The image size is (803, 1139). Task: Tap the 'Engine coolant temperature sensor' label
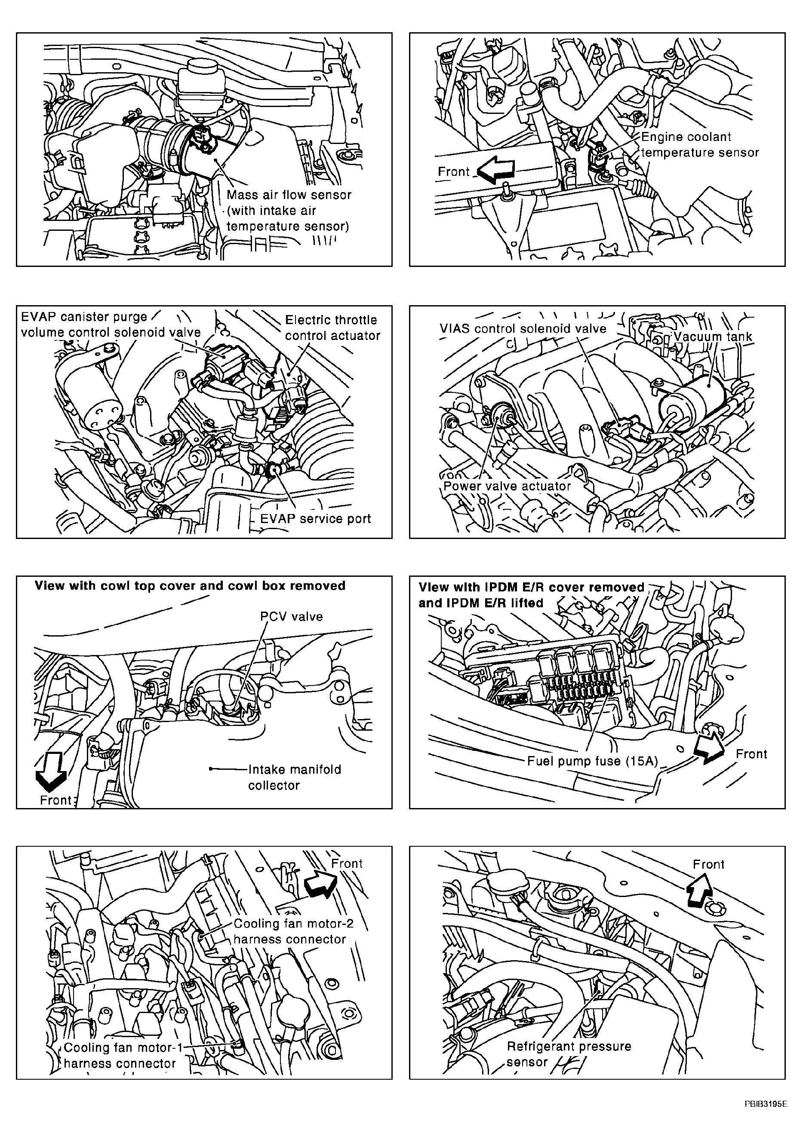pyautogui.click(x=699, y=145)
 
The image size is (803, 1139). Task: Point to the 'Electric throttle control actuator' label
pyautogui.click(x=332, y=328)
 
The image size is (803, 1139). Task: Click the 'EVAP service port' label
pyautogui.click(x=316, y=519)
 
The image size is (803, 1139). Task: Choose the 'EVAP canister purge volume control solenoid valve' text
pyautogui.click(x=110, y=325)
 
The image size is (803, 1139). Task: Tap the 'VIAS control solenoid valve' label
pyautogui.click(x=523, y=329)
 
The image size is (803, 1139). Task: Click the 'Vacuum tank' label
pyautogui.click(x=713, y=337)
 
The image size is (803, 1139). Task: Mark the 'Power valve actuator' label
pyautogui.click(x=507, y=486)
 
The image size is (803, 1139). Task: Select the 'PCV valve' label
pyautogui.click(x=291, y=617)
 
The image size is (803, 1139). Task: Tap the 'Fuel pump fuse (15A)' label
pyautogui.click(x=592, y=761)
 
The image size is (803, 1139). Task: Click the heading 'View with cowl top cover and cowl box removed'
pyautogui.click(x=190, y=586)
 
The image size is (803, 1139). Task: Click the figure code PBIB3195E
pyautogui.click(x=765, y=1114)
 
